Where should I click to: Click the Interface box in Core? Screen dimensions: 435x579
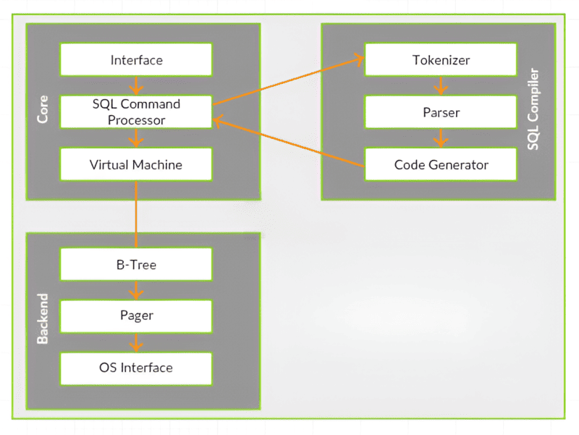[136, 59]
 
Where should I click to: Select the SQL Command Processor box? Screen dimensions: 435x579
[136, 112]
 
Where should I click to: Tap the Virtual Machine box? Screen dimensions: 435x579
[136, 164]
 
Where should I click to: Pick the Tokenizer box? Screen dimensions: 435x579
[441, 59]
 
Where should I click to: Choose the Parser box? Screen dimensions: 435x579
[441, 112]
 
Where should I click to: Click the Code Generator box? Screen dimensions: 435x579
[441, 164]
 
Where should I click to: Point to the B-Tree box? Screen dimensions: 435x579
[136, 265]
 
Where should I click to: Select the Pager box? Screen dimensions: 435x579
[136, 316]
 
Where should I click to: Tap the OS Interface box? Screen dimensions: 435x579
[136, 368]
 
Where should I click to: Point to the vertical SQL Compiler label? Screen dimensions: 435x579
[533, 111]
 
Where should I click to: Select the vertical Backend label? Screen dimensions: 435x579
[43, 318]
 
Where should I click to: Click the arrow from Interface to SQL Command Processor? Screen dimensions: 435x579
[136, 85]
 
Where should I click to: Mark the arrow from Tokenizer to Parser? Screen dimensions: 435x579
[441, 85]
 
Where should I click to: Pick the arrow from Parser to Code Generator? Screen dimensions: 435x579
[441, 138]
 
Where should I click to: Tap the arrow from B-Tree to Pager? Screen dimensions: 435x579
[136, 290]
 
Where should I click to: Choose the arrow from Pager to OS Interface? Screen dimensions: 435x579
[136, 342]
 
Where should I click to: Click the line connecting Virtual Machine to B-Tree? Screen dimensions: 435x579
[136, 214]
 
